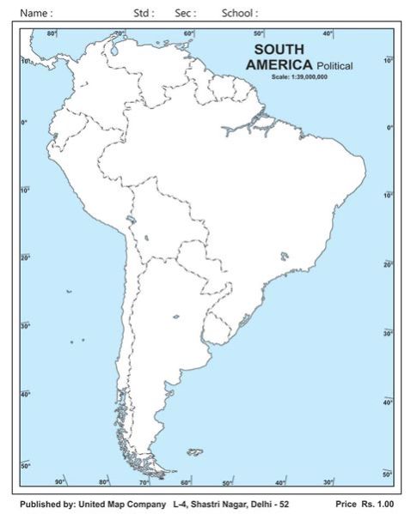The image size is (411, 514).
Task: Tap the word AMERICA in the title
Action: tap(279, 64)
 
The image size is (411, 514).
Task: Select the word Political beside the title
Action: tap(334, 66)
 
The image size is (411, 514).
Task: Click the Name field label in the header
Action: tap(36, 13)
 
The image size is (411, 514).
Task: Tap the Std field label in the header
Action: tap(144, 13)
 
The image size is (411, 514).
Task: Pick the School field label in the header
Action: tap(239, 13)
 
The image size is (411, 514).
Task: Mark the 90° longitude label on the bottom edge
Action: tap(59, 482)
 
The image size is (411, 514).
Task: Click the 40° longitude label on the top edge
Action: tap(328, 33)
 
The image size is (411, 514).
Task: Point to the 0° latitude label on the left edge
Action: tap(25, 124)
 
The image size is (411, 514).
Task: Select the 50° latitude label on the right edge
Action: tap(387, 474)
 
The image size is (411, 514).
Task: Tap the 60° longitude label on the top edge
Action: tap(188, 33)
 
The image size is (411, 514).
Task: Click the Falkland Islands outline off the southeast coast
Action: tap(196, 451)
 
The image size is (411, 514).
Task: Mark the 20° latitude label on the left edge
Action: tap(26, 257)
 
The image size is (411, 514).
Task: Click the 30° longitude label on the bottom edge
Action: tap(329, 482)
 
